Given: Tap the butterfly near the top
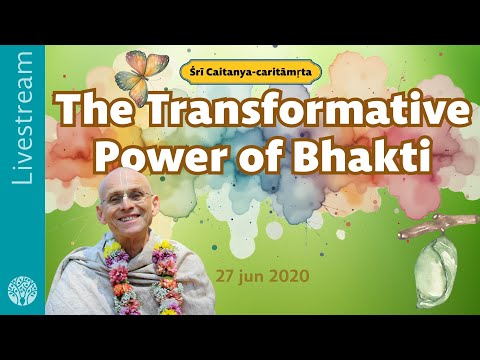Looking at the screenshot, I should click(139, 71).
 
